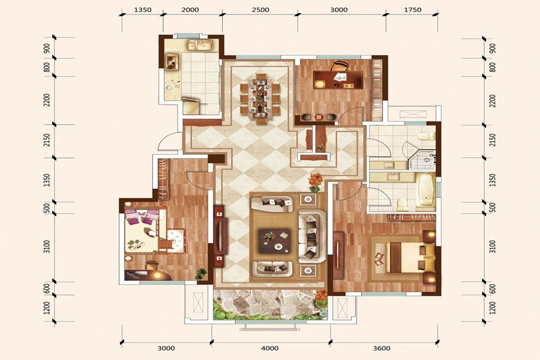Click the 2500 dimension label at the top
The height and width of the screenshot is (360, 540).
pos(260,10)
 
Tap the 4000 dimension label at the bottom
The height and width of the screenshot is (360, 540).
pos(269,348)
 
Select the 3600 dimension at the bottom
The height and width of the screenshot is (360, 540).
pos(382,348)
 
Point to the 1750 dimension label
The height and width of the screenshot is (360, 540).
pos(413,10)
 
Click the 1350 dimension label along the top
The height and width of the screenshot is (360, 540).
pos(143,10)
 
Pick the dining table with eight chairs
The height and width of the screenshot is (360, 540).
pos(260,98)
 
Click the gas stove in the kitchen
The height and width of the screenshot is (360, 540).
pos(172,62)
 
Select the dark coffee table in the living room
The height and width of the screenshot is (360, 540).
pos(274,241)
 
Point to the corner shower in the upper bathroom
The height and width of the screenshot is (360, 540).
pos(422,159)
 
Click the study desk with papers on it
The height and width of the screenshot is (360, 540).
pos(338,80)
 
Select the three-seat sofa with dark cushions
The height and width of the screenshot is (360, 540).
pos(312,236)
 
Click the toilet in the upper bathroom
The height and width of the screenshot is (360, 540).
pos(427,136)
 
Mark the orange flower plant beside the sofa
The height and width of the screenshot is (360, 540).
pos(314,182)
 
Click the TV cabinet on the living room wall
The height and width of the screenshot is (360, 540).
pos(220,236)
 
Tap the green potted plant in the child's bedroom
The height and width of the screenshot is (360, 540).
pos(201,274)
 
